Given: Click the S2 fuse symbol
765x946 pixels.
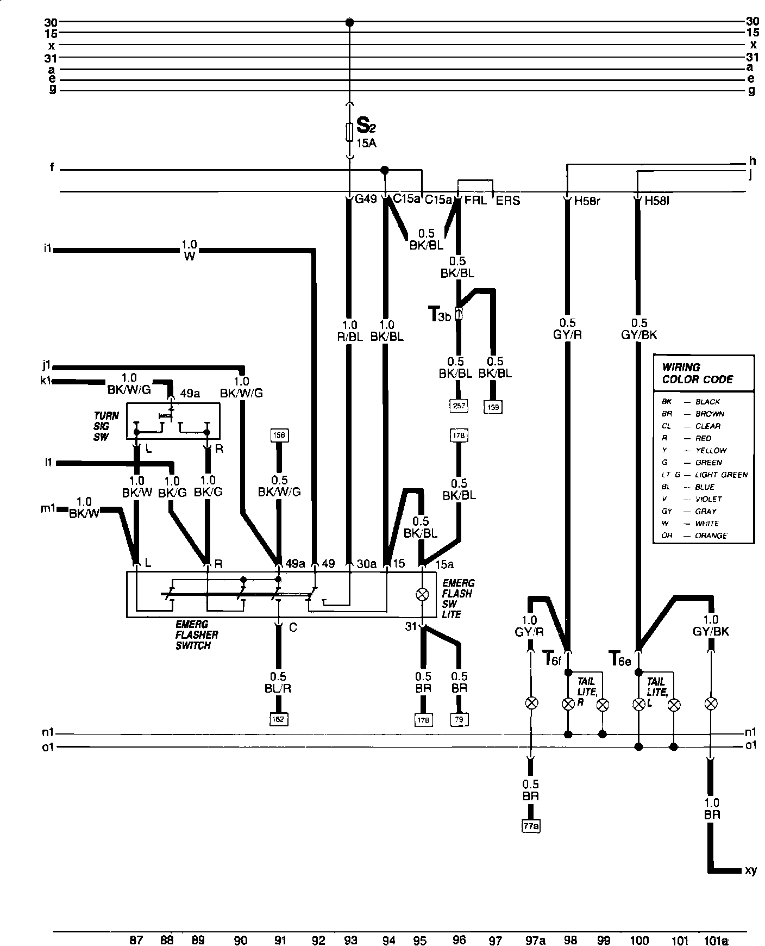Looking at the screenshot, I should pos(350,131).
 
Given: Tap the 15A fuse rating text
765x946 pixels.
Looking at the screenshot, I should pos(366,144).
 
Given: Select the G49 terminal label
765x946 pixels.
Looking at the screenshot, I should pos(366,200).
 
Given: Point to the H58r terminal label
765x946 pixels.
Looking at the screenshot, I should pos(587,201).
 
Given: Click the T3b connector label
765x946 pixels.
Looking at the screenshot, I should pos(440,314).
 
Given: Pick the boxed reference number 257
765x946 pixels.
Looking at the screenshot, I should pos(459,405).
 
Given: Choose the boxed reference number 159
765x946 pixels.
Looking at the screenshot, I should pos(493,406).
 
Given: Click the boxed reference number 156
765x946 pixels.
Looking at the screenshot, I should pos(279,435).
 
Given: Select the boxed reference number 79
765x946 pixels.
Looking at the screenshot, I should pos(459,719).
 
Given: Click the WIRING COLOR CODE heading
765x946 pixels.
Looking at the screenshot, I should pos(697,373).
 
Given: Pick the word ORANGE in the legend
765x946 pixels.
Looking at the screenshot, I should pos(711,536).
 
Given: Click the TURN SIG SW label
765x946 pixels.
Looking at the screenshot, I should pos(105,426).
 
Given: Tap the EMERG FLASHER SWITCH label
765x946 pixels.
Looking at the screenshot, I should pos(196,635).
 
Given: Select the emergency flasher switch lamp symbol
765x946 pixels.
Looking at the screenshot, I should pos(421,595).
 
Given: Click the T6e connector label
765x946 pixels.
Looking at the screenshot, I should pos(620,659).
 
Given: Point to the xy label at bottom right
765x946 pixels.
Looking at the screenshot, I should pos(750,870).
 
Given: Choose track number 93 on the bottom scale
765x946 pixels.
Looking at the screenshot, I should pos(350,925).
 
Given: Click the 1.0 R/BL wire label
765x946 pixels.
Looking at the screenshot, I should pos(350,331).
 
